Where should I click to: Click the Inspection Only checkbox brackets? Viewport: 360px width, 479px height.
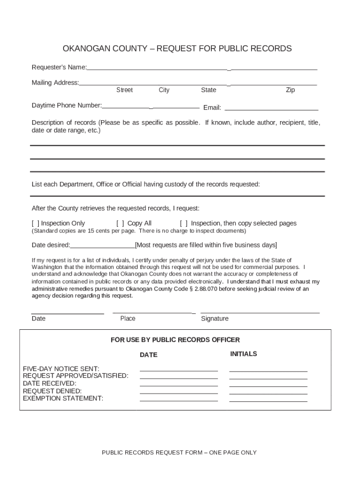click(35, 224)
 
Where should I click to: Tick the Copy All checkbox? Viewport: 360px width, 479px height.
click(120, 224)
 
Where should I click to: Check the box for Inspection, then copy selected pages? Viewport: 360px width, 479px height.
click(184, 224)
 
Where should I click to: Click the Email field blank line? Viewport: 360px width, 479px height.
click(271, 109)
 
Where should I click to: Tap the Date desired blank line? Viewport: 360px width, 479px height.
click(102, 247)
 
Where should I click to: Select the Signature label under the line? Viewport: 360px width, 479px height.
click(215, 319)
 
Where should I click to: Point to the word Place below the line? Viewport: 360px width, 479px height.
click(128, 319)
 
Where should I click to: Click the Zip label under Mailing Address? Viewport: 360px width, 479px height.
click(290, 90)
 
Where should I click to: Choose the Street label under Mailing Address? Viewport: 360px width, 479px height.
click(124, 90)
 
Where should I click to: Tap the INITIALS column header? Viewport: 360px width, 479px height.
click(244, 354)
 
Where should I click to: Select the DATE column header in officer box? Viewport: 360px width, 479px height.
click(149, 355)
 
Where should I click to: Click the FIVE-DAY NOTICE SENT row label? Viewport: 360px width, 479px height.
click(61, 369)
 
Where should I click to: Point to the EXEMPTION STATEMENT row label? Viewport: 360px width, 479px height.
click(63, 399)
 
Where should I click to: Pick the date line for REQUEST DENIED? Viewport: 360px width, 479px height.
click(179, 393)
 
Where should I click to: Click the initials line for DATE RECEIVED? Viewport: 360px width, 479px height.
click(268, 385)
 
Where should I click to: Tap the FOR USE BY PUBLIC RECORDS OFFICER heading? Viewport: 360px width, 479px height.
click(175, 340)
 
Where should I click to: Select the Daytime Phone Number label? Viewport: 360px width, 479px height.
click(66, 105)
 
